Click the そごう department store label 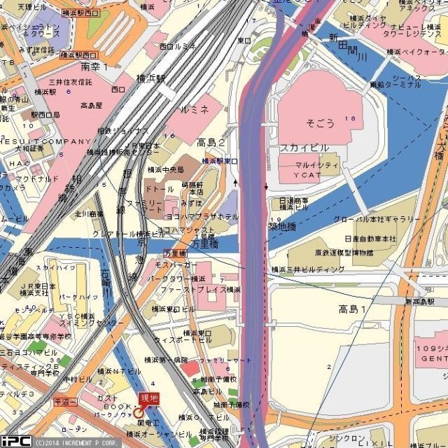click(x=321, y=123)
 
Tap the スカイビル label click(x=304, y=148)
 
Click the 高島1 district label click(x=353, y=309)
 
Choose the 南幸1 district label click(x=95, y=66)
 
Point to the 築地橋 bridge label click(x=282, y=227)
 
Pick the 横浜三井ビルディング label click(x=307, y=269)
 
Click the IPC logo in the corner click(x=15, y=441)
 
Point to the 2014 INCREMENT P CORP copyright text click(x=77, y=442)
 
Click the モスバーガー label click(x=174, y=266)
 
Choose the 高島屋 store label click(x=91, y=106)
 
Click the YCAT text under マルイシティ click(x=307, y=174)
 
